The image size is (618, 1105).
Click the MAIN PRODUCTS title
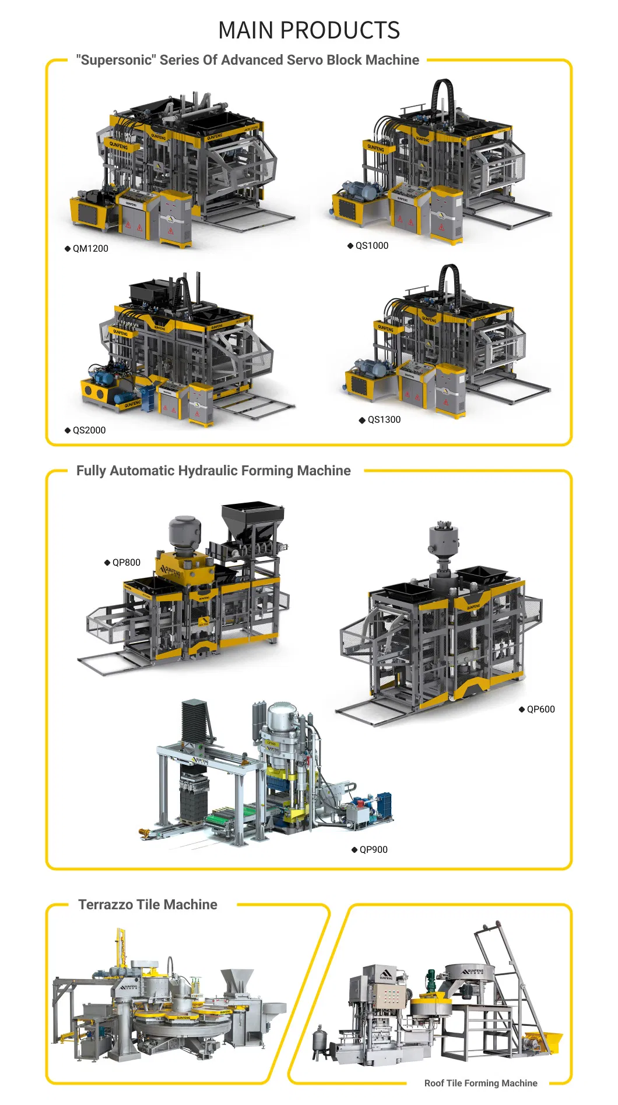(309, 30)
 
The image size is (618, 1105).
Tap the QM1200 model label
(90, 248)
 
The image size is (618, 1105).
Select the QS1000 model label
(371, 245)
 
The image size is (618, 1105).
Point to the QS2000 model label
(89, 430)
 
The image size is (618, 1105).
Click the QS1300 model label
(384, 419)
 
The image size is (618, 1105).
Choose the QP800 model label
(126, 562)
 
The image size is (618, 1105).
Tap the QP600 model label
(540, 709)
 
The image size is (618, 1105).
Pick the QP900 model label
(373, 849)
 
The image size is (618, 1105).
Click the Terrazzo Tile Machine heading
(148, 905)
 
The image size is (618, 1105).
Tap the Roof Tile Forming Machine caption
(480, 1083)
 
